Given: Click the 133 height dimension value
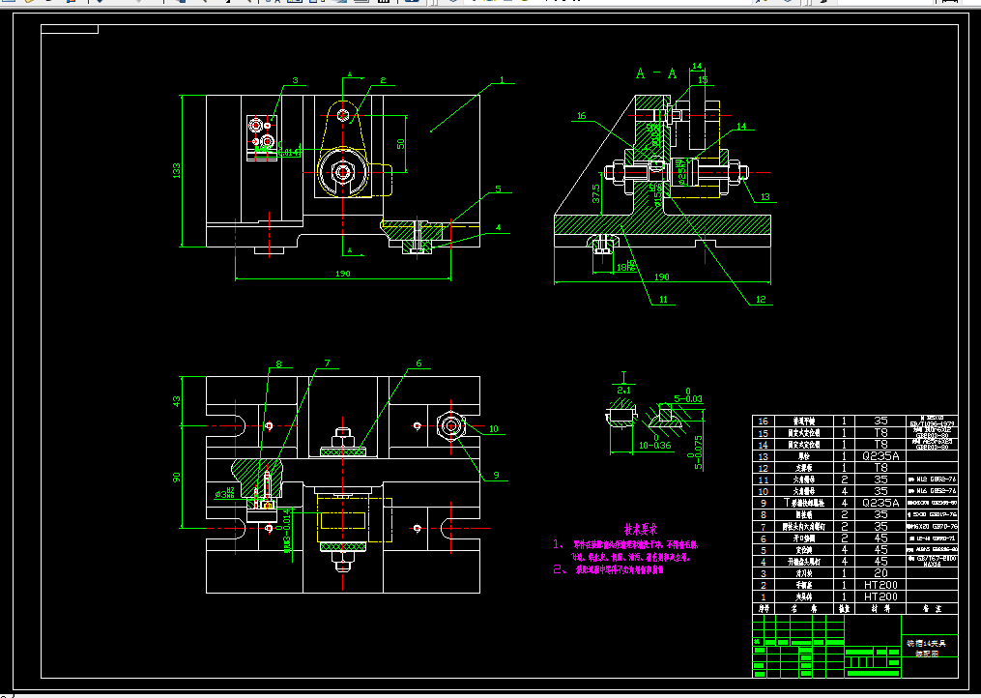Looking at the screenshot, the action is (x=177, y=170).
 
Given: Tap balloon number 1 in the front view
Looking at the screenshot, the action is (x=503, y=81).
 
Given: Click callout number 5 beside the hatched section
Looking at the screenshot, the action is (x=499, y=190).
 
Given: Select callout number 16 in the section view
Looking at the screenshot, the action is (x=581, y=116).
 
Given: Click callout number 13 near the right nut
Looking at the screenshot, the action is (x=765, y=197).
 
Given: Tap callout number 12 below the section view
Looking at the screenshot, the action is (x=761, y=301).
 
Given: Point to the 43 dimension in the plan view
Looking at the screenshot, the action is (x=177, y=400).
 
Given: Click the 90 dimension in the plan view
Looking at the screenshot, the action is (x=177, y=478).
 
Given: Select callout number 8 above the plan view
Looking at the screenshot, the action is (x=278, y=364).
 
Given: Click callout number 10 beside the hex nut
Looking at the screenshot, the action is (x=493, y=428).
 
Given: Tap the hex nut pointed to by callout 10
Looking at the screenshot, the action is (x=450, y=424).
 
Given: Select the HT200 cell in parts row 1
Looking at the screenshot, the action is (x=880, y=596).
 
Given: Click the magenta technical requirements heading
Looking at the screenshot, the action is (x=640, y=529).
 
